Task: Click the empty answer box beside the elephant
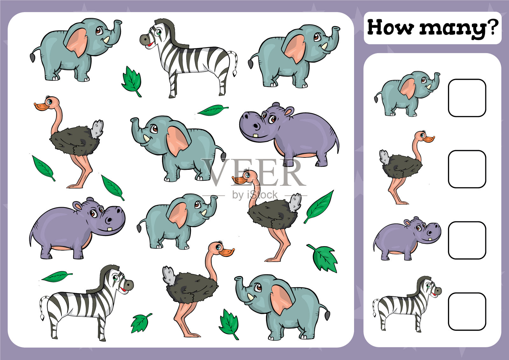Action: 467,98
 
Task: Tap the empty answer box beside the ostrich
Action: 467,169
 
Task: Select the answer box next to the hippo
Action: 467,240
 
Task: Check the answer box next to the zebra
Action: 467,311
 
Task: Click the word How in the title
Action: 390,27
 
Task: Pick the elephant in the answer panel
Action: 407,94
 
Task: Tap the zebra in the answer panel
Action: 407,304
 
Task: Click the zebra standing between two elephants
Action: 189,58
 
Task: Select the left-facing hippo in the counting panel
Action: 289,134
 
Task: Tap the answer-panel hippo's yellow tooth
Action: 430,239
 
